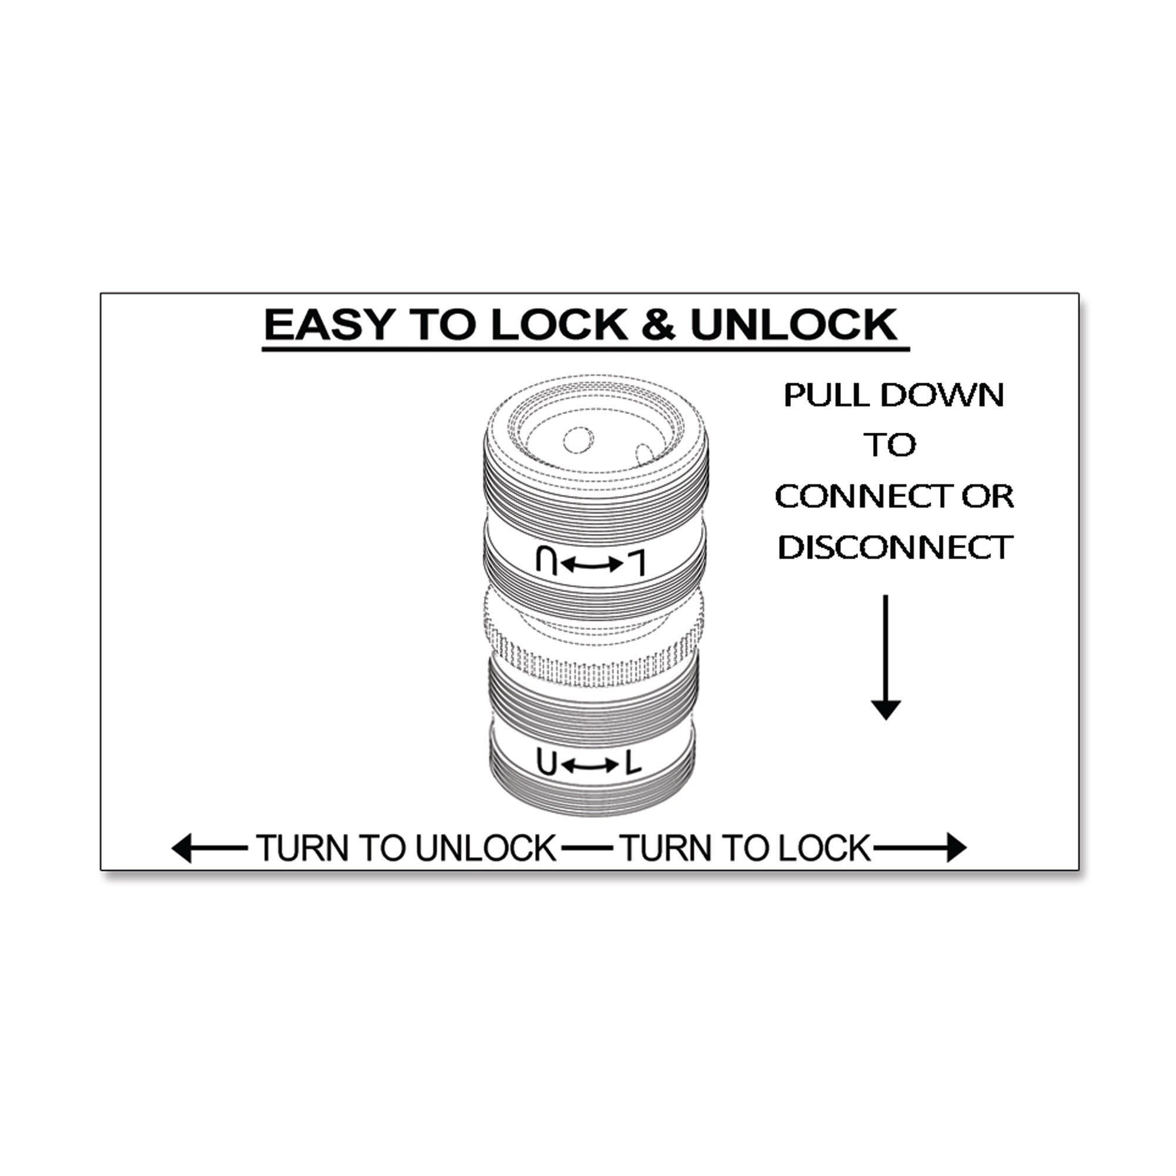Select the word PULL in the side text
point(827,396)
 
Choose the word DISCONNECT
point(895,547)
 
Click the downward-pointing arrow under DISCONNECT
point(886,657)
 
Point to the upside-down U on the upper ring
point(547,561)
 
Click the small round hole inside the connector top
point(578,440)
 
